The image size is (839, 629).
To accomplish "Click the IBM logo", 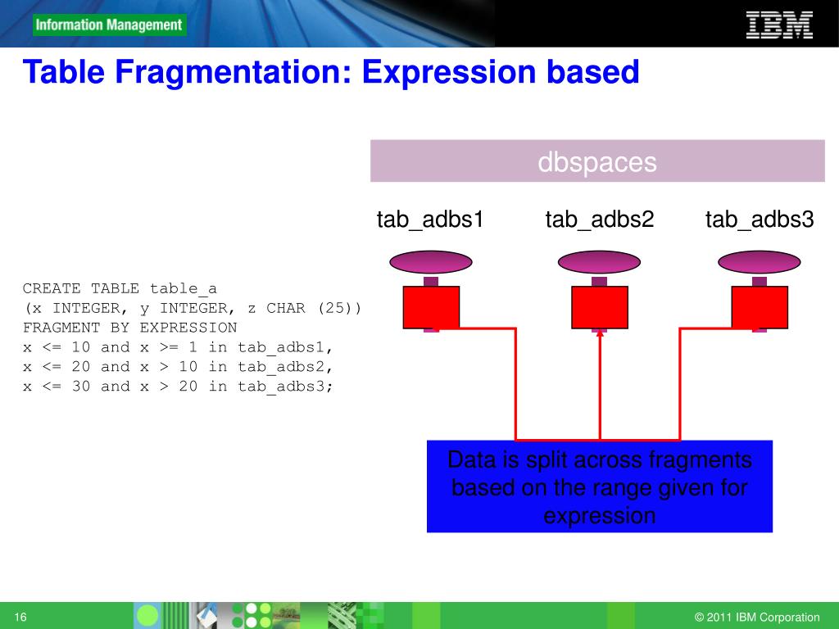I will [778, 25].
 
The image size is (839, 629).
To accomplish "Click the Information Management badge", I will [110, 25].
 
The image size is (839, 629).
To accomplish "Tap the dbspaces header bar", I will [597, 161].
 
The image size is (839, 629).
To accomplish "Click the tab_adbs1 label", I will [430, 219].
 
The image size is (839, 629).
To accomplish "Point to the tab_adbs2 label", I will [600, 219].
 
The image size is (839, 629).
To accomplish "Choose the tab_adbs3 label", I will [760, 219].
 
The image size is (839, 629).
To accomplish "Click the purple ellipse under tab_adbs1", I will [431, 262].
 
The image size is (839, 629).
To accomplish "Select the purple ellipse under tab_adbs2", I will [600, 262].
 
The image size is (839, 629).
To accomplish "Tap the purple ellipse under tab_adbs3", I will [760, 262].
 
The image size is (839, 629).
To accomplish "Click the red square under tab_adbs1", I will [431, 307].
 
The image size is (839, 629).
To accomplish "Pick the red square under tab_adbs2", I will [600, 307].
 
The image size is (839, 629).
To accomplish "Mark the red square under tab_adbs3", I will [760, 307].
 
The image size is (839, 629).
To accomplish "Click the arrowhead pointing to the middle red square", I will [600, 333].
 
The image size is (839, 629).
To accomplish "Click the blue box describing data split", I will [600, 487].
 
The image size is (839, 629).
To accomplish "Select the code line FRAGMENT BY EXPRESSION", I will [129, 328].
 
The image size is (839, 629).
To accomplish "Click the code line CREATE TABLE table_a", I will [120, 288].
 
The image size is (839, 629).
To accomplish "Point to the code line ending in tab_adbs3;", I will [179, 387].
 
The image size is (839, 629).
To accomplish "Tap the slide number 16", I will [21, 617].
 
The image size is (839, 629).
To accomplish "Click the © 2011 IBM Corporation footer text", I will [756, 618].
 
